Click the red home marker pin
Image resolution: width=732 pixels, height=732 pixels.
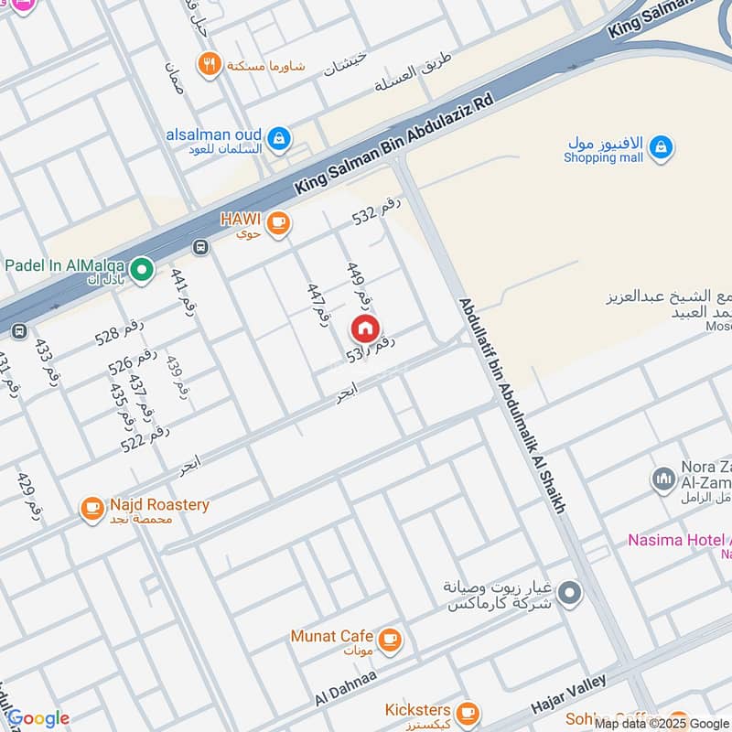364,328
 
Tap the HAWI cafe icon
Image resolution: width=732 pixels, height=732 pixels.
279,222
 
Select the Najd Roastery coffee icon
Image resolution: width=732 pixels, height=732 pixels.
92,509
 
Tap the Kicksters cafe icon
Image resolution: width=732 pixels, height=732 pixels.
468,712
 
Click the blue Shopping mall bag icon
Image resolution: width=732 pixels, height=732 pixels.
661,146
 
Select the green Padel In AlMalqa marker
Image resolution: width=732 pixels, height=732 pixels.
141,269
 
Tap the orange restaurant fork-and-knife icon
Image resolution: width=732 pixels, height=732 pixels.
210,64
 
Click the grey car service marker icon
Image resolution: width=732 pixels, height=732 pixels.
570,594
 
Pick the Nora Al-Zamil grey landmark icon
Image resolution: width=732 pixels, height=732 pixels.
663,479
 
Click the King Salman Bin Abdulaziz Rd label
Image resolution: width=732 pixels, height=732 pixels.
393,143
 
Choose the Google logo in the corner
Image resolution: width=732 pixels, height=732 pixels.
38,718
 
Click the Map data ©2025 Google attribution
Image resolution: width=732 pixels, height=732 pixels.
661,723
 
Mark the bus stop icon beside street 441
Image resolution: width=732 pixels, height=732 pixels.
200,246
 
